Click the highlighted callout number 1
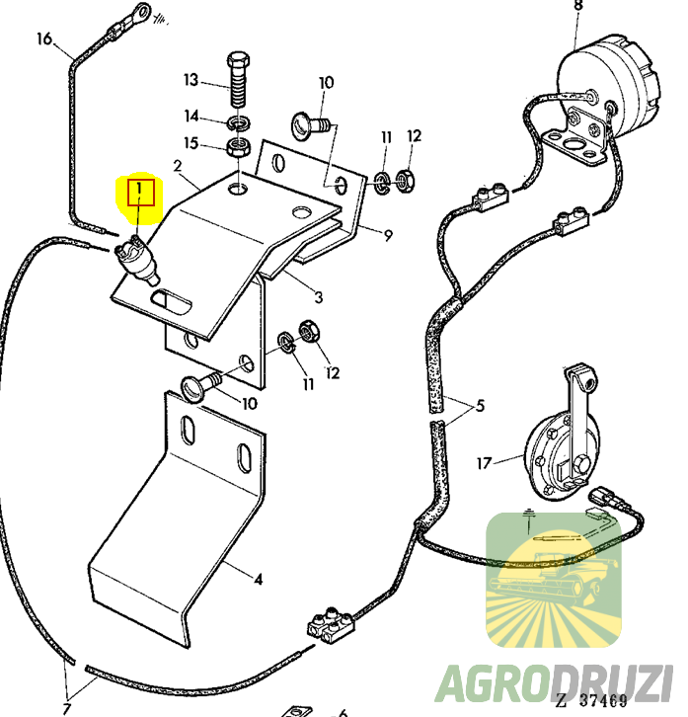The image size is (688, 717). tap(140, 189)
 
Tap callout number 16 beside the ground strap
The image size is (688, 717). tap(43, 39)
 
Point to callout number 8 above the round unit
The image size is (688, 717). tap(577, 7)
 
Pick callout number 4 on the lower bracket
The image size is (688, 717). tap(258, 578)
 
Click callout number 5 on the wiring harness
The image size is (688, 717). tap(480, 404)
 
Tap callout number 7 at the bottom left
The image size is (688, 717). tap(67, 708)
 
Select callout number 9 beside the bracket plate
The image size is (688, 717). tap(387, 235)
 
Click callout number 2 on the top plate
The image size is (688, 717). tap(178, 166)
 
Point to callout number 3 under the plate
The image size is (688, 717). tap(318, 296)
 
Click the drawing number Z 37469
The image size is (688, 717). tap(589, 701)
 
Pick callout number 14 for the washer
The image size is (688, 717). tap(191, 117)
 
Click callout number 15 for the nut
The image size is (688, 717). tap(191, 144)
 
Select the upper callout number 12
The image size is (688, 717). tap(414, 135)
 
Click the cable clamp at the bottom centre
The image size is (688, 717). tap(327, 622)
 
